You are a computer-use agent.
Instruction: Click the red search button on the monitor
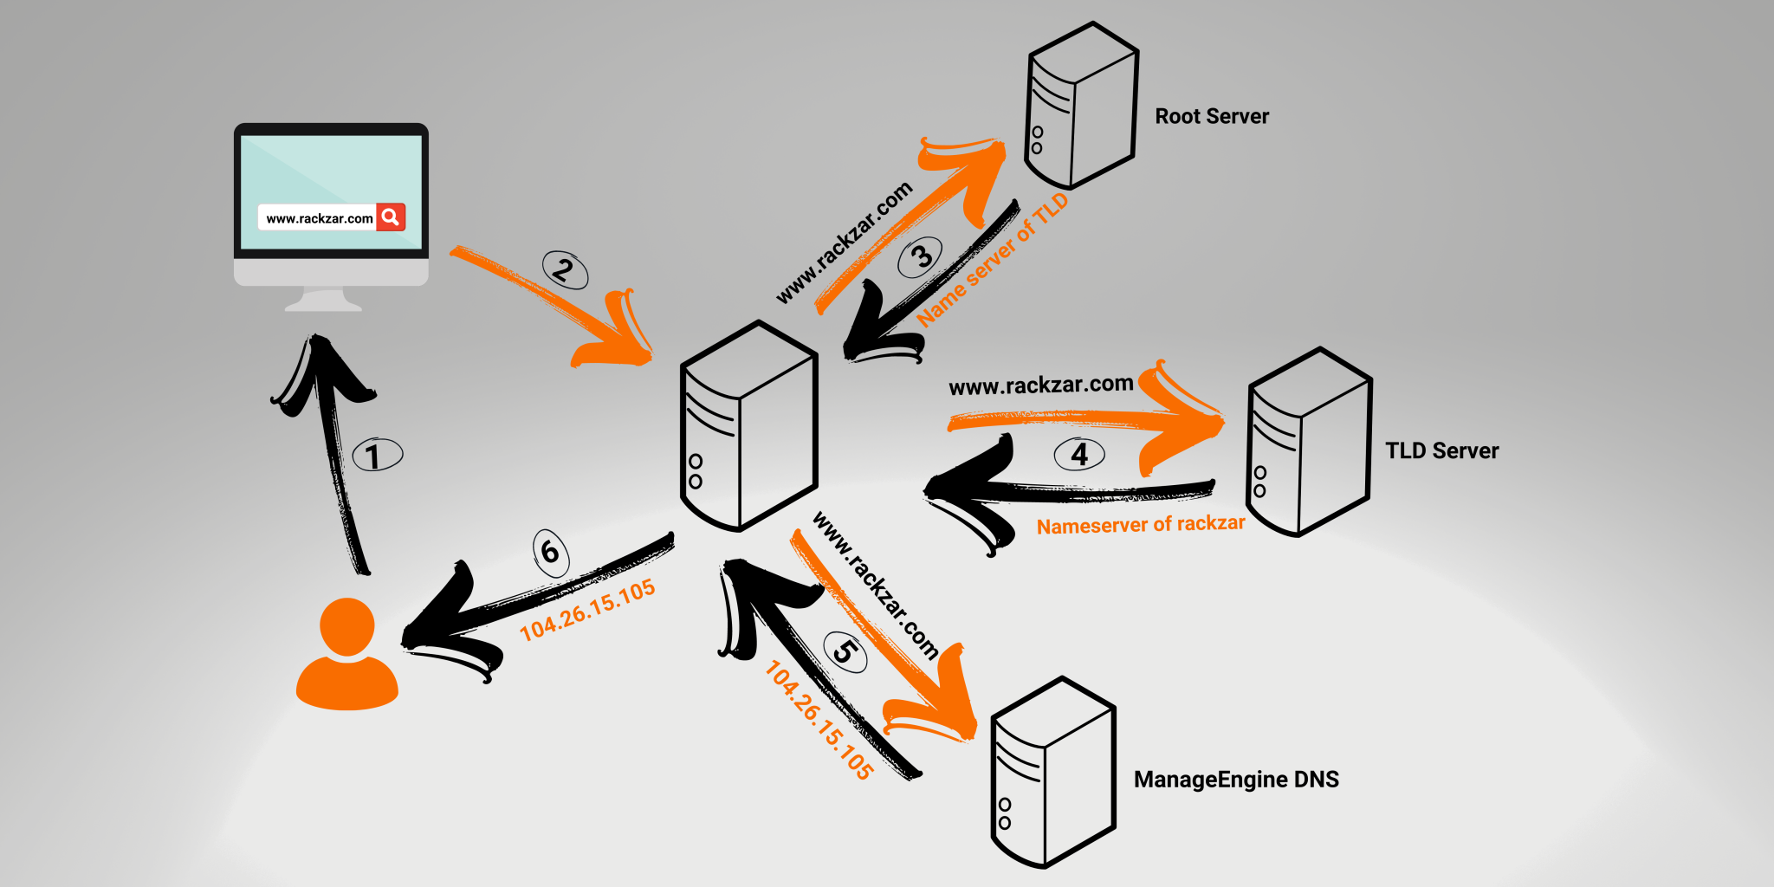click(x=391, y=217)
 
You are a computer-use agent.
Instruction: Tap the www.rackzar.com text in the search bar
click(x=319, y=218)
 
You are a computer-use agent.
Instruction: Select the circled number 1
click(x=377, y=456)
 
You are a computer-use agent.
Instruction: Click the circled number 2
click(x=565, y=270)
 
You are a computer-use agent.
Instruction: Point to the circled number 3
click(x=920, y=257)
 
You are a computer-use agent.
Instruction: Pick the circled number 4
click(x=1079, y=454)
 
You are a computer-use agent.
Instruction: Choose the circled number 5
click(x=845, y=651)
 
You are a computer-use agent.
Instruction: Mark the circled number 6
click(x=551, y=552)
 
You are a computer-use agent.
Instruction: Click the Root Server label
click(x=1211, y=116)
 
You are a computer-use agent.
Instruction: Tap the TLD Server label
click(x=1441, y=450)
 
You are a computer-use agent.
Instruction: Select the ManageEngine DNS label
click(x=1236, y=780)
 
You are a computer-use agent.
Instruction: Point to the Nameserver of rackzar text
click(x=1140, y=525)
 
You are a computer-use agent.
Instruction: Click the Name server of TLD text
click(x=992, y=261)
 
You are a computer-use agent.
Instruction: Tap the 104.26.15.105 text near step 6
click(x=587, y=610)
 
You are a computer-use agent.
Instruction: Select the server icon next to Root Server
click(x=1081, y=107)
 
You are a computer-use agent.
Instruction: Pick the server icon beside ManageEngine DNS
click(x=1052, y=774)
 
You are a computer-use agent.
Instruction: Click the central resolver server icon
click(x=749, y=427)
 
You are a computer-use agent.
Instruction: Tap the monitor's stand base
click(x=324, y=302)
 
